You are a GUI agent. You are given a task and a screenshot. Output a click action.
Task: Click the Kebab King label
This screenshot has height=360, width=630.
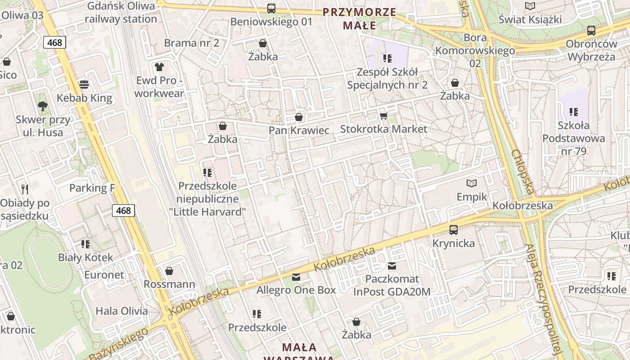coord(84,98)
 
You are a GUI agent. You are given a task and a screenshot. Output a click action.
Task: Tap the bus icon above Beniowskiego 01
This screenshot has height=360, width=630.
coord(271,8)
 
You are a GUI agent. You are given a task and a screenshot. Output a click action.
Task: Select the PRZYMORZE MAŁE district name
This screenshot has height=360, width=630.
coord(359,19)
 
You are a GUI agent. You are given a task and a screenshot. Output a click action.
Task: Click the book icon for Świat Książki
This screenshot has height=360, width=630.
coord(530,6)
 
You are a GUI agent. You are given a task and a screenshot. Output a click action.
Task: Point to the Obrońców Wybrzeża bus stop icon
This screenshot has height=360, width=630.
coord(591,31)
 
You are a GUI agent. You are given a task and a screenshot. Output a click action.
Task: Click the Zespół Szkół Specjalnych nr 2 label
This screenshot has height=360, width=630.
coord(387,78)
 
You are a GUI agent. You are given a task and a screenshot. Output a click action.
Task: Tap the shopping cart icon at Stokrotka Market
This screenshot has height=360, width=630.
coord(383,116)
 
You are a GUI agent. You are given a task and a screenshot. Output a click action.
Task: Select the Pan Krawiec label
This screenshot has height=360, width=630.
coord(299,130)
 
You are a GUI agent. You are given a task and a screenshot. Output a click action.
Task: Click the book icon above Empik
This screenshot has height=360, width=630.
coord(472,183)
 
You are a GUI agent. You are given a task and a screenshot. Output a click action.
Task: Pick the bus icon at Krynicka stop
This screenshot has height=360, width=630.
coord(454,230)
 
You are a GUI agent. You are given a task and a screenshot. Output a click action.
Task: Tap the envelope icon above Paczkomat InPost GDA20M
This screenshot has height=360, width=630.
coord(392,266)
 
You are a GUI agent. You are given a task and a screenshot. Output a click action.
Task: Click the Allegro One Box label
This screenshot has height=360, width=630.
coord(296,290)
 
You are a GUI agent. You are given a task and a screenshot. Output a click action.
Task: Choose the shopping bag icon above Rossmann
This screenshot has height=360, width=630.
coord(169,271)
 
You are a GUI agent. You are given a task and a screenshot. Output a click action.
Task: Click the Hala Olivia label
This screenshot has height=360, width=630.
coord(121,311)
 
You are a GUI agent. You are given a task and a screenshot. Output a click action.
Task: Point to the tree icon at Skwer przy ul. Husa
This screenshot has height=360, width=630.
coord(43,106)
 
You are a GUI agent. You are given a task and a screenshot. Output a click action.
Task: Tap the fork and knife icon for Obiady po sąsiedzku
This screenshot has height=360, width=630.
coord(25,189)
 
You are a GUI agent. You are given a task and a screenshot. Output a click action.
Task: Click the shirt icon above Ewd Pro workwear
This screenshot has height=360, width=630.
coord(159,67)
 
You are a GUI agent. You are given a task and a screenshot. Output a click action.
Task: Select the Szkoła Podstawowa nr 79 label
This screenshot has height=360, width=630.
coord(573,138)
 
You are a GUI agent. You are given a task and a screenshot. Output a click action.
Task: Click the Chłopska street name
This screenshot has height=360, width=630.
coord(522,171)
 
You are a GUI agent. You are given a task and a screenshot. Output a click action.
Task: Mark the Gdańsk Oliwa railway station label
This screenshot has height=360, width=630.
coord(121,13)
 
